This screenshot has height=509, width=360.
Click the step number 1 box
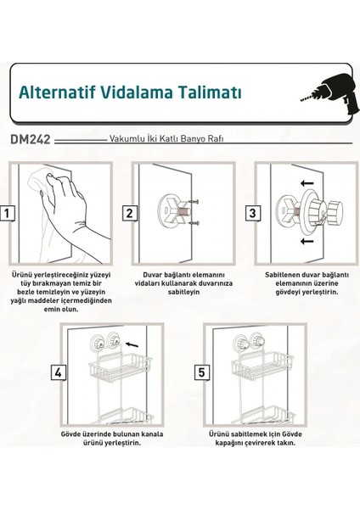[x=7, y=212]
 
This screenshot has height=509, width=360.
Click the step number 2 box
[x=130, y=212]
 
